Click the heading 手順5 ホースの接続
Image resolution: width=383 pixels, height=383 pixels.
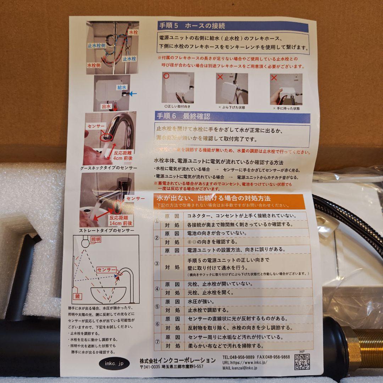pyautogui.click(x=191, y=26)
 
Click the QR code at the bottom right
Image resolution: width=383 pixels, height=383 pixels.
pyautogui.click(x=302, y=361)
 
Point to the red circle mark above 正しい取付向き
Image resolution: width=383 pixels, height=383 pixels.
pyautogui.click(x=166, y=76)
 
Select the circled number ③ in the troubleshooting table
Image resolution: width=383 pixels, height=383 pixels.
pyautogui.click(x=157, y=263)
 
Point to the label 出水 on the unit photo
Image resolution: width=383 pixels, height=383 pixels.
pyautogui.click(x=107, y=106)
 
